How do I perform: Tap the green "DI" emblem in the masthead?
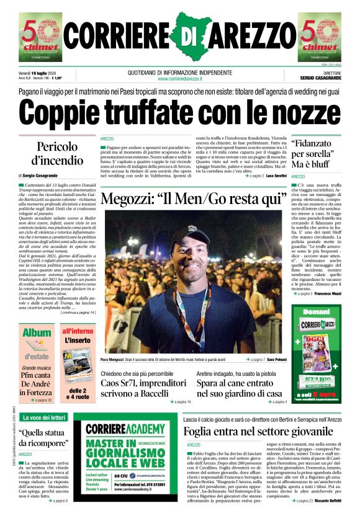click(186, 36)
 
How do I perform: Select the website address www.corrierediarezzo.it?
click(179, 79)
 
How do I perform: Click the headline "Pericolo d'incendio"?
click(57, 154)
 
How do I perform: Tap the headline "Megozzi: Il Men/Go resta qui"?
click(188, 200)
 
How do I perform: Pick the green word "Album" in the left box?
click(37, 333)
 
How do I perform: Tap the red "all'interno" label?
click(77, 332)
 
